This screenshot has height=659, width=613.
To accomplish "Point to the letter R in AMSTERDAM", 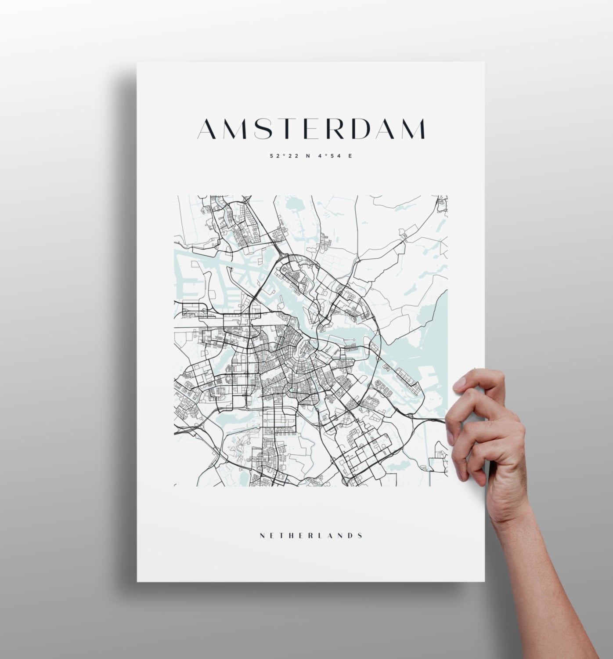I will point(337,128).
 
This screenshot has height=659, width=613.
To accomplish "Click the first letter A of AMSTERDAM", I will point(208,128).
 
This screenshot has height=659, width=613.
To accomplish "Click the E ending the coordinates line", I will point(350,156).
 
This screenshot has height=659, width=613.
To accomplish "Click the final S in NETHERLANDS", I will point(361,536).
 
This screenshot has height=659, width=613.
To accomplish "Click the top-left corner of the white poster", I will point(137,63).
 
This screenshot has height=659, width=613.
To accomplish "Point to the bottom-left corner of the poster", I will point(137,581).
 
